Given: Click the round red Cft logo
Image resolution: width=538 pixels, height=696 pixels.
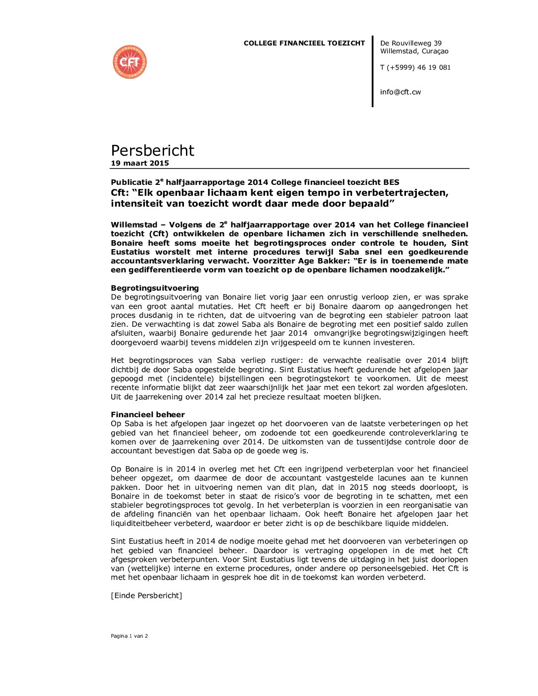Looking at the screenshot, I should point(130,62).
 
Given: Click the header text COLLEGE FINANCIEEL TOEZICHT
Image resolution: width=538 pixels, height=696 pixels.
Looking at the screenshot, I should point(304,43).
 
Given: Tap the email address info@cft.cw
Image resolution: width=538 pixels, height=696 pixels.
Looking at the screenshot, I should point(400,92).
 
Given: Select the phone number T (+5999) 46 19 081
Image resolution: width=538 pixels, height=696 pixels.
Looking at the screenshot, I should point(415,68).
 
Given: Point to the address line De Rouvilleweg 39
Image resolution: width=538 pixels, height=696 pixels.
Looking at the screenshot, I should point(410,43).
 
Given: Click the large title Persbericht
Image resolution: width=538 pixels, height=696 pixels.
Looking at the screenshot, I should point(152,150).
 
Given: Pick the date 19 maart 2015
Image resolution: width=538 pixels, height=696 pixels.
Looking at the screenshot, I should point(140,163).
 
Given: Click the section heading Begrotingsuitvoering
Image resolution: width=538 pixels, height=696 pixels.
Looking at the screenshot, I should point(155,288).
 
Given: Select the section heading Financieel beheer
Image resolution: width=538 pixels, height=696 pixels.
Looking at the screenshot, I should point(148,415).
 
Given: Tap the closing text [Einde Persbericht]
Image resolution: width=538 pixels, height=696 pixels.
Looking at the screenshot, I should point(146,596).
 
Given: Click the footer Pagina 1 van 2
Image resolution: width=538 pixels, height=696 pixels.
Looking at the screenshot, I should point(129,636).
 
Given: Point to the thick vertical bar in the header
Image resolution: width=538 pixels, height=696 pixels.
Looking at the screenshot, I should point(373,71).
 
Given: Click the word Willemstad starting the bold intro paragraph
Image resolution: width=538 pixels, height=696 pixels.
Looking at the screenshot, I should point(134,225).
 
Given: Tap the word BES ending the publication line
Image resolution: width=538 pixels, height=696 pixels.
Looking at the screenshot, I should point(391,182).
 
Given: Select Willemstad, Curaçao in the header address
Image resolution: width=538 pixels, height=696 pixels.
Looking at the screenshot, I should point(414,51).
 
